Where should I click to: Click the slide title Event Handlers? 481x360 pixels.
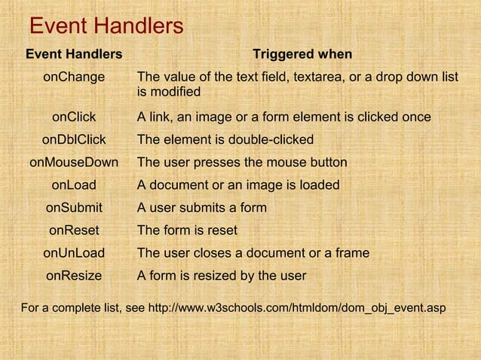(x=106, y=27)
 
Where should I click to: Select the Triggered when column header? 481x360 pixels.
(x=302, y=54)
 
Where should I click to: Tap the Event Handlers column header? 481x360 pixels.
(x=74, y=54)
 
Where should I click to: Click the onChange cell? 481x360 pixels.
(x=74, y=77)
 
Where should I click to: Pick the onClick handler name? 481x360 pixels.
(x=74, y=117)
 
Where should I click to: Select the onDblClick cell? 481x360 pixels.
(x=74, y=140)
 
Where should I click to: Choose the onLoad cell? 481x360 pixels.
(x=74, y=185)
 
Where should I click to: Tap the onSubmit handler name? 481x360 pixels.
(x=74, y=208)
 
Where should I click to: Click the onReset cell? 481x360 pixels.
(x=74, y=230)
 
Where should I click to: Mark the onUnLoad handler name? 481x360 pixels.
(x=74, y=253)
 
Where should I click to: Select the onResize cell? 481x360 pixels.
(x=74, y=276)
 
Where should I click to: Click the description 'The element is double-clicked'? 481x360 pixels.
(x=225, y=140)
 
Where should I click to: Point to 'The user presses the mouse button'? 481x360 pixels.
(x=242, y=163)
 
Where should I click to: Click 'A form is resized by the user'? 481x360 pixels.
(x=222, y=276)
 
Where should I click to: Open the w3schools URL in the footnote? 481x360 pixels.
(x=297, y=308)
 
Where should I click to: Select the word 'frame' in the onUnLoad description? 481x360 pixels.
(x=351, y=253)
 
